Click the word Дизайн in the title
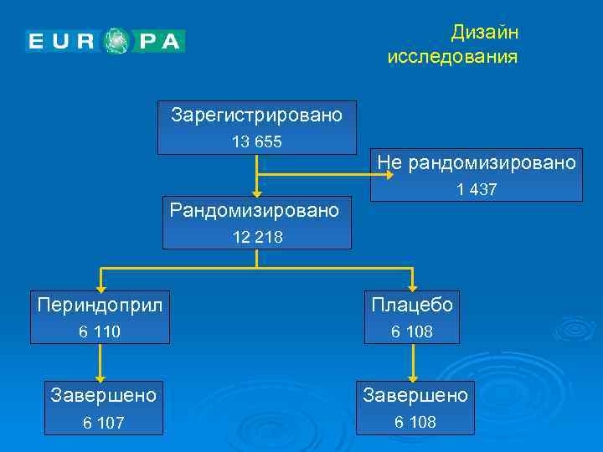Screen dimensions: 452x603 tap(485, 32)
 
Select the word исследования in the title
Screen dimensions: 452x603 tap(452, 57)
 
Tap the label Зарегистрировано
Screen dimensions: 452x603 tap(256, 115)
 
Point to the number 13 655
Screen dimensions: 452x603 tap(256, 141)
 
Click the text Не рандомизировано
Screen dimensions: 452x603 tap(477, 162)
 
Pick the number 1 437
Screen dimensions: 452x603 tap(477, 190)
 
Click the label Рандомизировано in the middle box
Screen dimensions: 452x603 tap(255, 209)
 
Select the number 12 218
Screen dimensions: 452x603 tap(257, 237)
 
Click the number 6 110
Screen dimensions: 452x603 tap(100, 332)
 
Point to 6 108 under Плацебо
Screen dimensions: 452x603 tap(412, 332)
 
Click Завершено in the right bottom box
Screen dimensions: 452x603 tap(415, 393)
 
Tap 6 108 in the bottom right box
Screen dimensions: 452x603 tap(415, 422)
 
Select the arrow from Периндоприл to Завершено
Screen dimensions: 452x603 tap(100, 362)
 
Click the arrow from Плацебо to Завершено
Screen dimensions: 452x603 tap(411, 362)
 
